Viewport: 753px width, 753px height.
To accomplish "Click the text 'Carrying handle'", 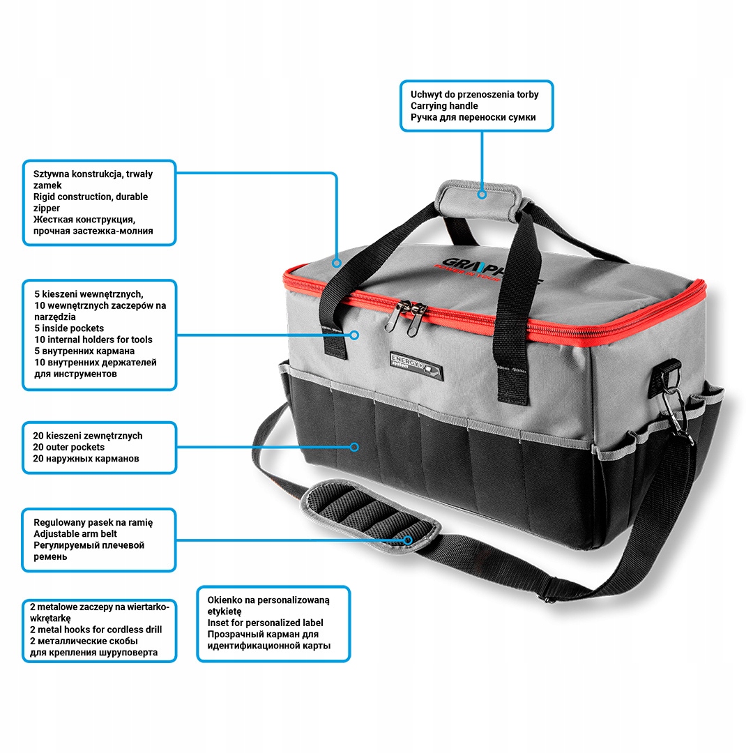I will pos(444,106).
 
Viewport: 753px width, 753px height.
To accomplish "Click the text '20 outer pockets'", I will pos(68,447).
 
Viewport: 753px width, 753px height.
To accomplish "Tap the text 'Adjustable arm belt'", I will pos(75,533).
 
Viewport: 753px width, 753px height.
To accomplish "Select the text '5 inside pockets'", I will pos(68,328).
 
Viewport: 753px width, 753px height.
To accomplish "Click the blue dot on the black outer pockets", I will pos(354,446).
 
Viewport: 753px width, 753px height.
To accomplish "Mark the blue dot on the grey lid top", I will pos(336,263).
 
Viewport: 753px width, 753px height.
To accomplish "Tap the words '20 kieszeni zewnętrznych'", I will pos(87,436).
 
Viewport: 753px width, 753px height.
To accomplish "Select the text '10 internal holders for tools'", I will pos(93,340).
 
